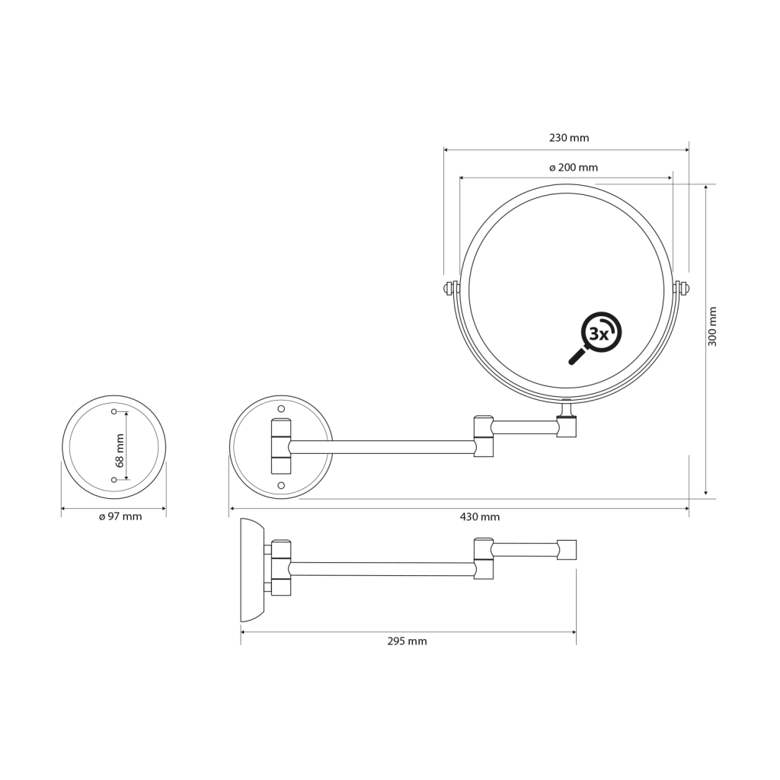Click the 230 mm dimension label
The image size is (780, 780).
pos(569,138)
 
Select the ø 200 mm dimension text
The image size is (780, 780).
pos(574,168)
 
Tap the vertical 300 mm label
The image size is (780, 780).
pos(713,326)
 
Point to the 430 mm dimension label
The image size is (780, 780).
pos(480,517)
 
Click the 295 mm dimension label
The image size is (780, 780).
pos(407,641)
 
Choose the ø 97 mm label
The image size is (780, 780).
pos(120,516)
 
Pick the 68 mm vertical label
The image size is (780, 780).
pos(120,450)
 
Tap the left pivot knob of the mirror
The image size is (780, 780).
pos(450,289)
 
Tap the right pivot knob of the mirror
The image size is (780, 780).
pos(682,289)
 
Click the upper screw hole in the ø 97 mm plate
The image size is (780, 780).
pos(114,411)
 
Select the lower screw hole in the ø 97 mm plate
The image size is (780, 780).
pos(114,480)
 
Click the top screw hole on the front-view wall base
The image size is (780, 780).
pos(281,409)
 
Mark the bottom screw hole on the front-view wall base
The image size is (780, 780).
pos(281,485)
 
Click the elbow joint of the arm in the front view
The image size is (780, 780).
pos(484,436)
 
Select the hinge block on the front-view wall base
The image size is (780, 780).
pos(281,446)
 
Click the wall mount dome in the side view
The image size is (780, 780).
pos(251,570)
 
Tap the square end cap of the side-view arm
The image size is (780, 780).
pos(567,549)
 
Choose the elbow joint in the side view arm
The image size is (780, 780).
pos(484,558)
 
